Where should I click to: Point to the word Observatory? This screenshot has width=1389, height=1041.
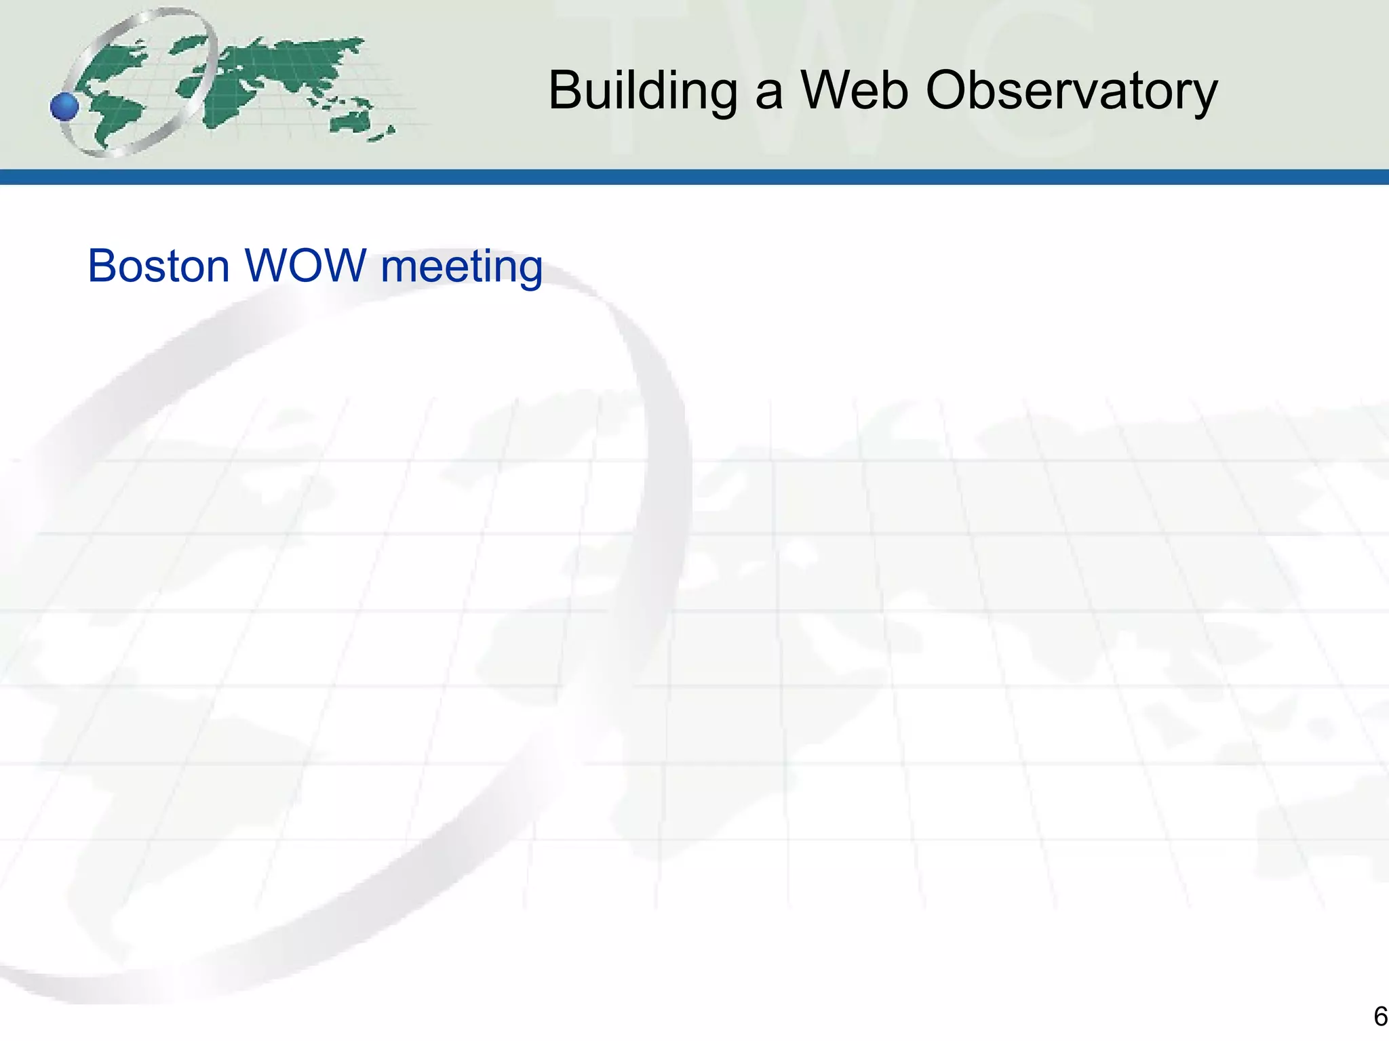[x=1072, y=91]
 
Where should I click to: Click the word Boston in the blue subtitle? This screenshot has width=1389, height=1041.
[x=159, y=266]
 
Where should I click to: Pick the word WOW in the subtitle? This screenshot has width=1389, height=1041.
[x=305, y=266]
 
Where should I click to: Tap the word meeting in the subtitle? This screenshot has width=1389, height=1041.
[x=461, y=267]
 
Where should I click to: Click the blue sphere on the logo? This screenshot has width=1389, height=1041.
[x=65, y=106]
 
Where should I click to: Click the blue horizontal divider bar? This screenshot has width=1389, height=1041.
[x=694, y=177]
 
